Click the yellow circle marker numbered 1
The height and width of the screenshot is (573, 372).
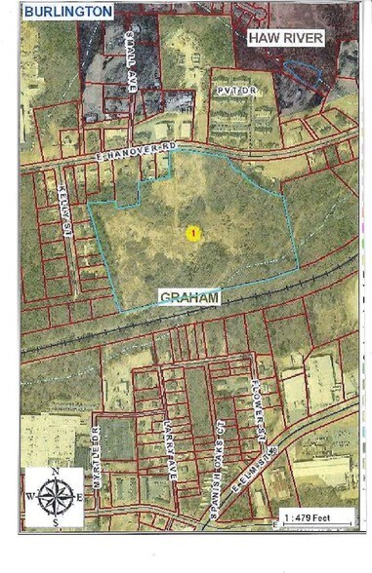(x=192, y=233)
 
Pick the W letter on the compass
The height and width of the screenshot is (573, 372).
(x=30, y=495)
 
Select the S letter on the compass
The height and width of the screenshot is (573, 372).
(x=56, y=520)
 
